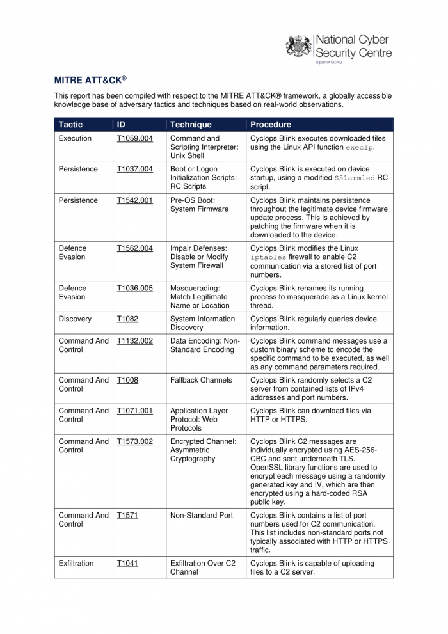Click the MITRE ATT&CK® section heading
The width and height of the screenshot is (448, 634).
(x=90, y=80)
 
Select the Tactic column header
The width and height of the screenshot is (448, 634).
(x=70, y=125)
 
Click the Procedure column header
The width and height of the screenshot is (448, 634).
(x=271, y=125)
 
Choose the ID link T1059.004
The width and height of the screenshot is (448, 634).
(x=135, y=138)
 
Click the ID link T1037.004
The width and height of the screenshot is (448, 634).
(x=135, y=169)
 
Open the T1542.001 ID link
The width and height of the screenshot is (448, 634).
(x=135, y=200)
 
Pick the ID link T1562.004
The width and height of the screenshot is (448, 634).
(x=135, y=248)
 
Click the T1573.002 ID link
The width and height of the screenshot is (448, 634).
(x=135, y=441)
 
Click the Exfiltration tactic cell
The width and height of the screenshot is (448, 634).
(x=76, y=563)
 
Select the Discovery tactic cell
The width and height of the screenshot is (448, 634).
(x=75, y=319)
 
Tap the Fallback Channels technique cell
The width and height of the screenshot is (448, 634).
(x=201, y=380)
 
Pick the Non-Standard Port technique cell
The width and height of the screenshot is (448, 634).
(x=202, y=515)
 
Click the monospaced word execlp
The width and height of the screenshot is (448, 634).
(x=359, y=148)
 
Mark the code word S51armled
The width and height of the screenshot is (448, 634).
(x=355, y=178)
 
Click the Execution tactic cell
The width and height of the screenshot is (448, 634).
(x=75, y=138)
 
